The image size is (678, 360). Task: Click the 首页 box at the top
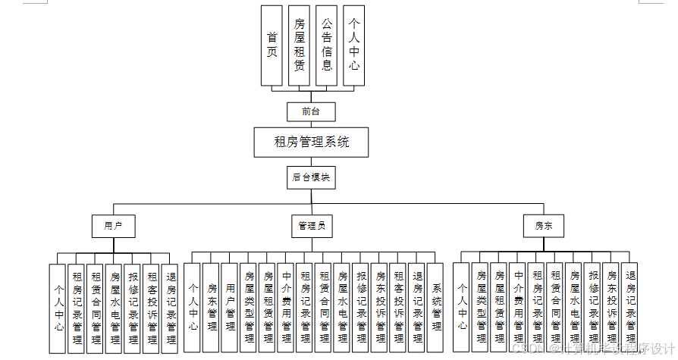272,45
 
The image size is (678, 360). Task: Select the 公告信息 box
326,45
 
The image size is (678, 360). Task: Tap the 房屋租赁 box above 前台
299,45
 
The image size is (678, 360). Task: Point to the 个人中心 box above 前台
353,45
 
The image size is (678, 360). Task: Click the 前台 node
311,111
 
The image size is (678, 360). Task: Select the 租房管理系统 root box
312,142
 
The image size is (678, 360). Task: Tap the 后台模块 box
311,177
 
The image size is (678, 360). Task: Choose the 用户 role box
114,226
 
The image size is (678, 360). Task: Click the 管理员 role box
311,226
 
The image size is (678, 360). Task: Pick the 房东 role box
544,226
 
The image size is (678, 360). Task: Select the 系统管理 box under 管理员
435,307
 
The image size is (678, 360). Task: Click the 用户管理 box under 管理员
231,307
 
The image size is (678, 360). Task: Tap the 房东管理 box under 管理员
212,307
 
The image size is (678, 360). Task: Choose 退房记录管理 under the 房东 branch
629,307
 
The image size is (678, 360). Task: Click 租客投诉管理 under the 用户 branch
151,307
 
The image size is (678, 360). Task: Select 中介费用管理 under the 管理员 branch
286,307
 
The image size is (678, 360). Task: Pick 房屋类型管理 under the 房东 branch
479,307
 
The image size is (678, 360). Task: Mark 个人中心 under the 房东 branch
460,307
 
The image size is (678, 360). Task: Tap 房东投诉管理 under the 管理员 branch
379,307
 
